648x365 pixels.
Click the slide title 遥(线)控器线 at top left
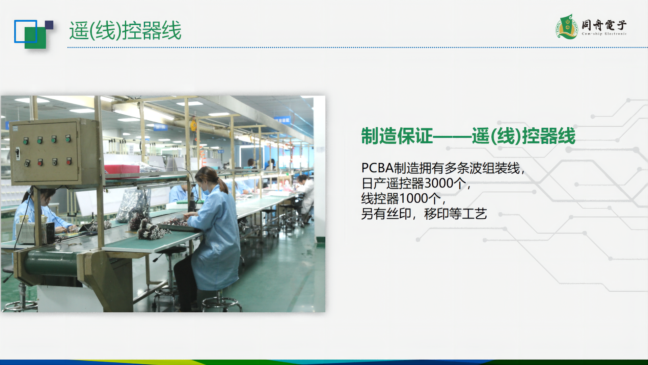click(x=125, y=30)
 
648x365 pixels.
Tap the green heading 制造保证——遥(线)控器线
click(x=468, y=136)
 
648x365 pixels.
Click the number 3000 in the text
click(x=439, y=183)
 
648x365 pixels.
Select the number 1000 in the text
click(x=414, y=198)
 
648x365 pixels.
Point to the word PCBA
click(x=377, y=168)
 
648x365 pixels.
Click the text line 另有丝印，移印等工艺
click(x=424, y=214)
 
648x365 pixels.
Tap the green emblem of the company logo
click(x=567, y=27)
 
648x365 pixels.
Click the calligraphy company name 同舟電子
click(x=604, y=25)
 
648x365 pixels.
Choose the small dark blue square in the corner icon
click(x=49, y=25)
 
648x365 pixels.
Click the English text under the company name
click(x=604, y=34)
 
